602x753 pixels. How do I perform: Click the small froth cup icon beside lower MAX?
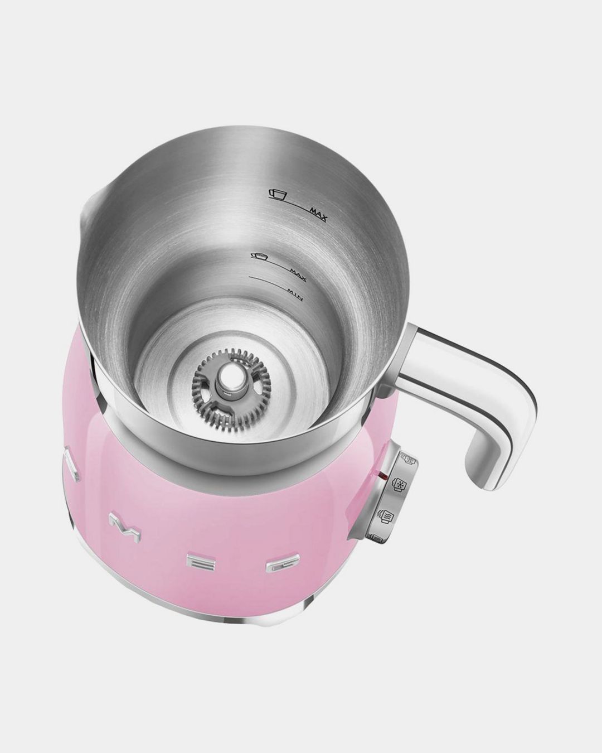pos(259,256)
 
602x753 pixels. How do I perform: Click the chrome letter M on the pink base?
pos(118,523)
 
